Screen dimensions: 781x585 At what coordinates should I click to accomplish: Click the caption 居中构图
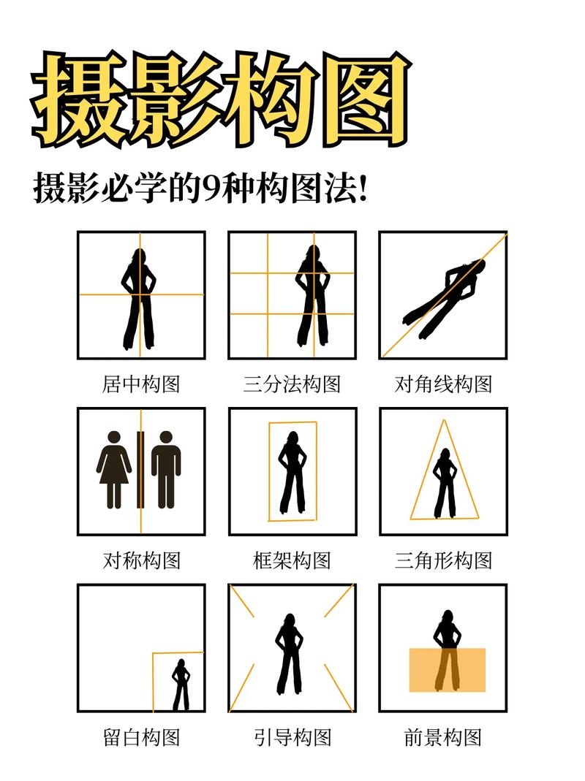tap(141, 384)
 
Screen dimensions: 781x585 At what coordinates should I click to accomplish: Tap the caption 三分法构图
tap(292, 384)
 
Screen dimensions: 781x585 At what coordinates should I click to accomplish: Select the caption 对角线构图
tap(443, 384)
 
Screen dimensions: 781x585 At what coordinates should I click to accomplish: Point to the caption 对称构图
tap(141, 561)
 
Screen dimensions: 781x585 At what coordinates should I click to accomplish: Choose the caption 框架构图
tap(292, 561)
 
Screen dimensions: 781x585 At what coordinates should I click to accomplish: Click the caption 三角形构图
tap(443, 561)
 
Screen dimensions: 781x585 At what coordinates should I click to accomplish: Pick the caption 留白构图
tap(141, 737)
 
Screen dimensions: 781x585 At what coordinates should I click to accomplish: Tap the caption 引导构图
tap(292, 737)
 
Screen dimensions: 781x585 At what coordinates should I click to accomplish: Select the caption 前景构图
tap(443, 737)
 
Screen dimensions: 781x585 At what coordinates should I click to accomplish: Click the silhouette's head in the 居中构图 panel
tap(138, 256)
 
